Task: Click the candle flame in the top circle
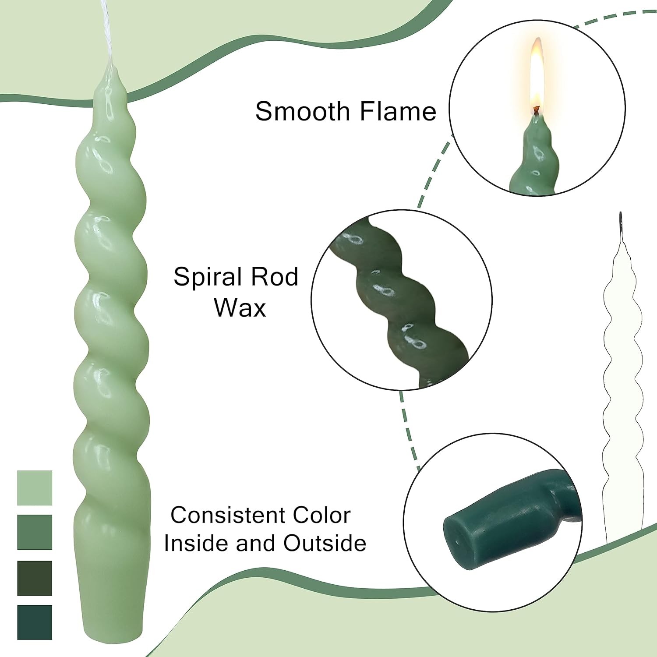(537, 77)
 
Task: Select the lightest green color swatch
(35, 487)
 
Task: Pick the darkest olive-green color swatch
(35, 578)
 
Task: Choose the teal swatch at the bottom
(35, 622)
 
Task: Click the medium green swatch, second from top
(35, 532)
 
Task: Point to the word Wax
(240, 307)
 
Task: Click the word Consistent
(228, 515)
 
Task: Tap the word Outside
(325, 543)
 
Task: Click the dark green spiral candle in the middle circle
(394, 298)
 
